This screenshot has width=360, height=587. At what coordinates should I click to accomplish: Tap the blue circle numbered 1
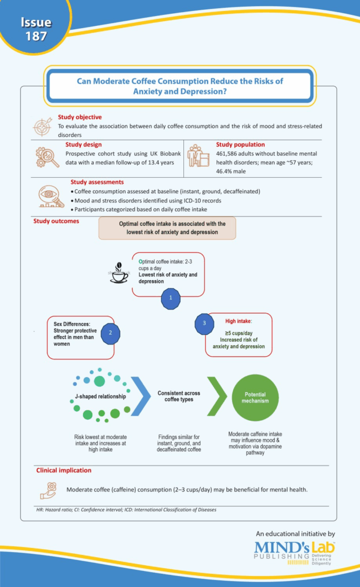coord(171,298)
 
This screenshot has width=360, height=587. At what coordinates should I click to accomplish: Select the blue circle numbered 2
coord(111,333)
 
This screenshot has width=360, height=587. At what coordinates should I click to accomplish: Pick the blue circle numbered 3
coord(204,324)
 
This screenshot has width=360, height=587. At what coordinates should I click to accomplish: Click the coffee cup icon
coord(119,272)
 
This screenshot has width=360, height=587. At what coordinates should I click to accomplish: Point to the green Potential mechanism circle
coord(255,398)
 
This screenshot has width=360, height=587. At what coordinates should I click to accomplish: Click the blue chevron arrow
coord(140,396)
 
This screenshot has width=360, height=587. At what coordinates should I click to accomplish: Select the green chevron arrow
coord(217,396)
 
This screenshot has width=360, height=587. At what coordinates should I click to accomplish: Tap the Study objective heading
coord(80,117)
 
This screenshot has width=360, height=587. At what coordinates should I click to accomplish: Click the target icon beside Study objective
coord(42,127)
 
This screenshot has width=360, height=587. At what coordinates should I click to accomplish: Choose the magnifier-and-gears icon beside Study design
coord(47,157)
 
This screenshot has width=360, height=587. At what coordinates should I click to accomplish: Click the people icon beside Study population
coord(198,156)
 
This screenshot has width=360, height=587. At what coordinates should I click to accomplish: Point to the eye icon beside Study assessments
coord(51,197)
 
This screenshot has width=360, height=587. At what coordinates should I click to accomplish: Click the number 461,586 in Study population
coord(228,154)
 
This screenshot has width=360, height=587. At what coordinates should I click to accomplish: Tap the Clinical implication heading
coord(64,471)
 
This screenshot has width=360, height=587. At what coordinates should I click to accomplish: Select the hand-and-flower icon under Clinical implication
coord(48,491)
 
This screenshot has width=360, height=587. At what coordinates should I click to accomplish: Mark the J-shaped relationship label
coord(100,397)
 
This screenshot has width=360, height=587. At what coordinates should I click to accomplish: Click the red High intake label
coord(238,321)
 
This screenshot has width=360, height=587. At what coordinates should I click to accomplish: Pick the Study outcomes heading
coord(56,221)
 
